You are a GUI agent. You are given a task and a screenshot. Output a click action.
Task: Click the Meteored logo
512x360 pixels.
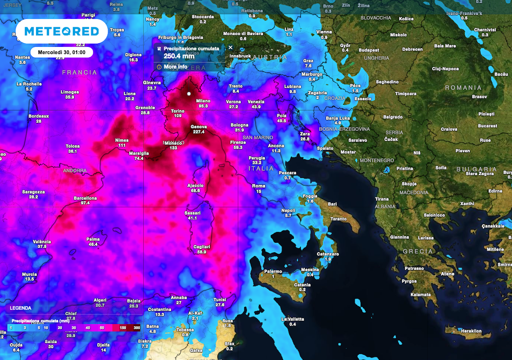62,31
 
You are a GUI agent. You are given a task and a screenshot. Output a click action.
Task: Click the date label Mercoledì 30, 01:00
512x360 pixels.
62,52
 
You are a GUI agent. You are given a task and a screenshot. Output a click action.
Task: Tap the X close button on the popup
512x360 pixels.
230,47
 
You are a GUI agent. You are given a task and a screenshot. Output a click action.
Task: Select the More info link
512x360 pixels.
175,67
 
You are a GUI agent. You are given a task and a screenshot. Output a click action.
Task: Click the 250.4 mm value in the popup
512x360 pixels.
179,56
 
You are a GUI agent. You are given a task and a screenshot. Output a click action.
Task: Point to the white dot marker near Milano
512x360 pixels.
189,94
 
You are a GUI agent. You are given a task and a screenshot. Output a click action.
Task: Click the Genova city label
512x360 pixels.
199,127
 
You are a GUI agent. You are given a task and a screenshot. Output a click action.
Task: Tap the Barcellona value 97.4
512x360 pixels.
85,203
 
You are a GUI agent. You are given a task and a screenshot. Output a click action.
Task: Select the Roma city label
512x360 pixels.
259,186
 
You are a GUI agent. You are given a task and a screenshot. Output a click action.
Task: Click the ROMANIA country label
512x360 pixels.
464,88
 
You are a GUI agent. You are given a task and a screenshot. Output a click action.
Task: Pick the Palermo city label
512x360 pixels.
273,272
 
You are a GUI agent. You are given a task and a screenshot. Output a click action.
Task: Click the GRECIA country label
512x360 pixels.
418,252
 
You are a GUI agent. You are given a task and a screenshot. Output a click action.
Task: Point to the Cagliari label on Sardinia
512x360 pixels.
202,247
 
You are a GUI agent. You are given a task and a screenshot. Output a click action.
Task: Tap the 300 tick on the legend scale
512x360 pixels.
137,328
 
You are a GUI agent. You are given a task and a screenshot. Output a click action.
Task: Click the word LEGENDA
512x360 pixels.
21,308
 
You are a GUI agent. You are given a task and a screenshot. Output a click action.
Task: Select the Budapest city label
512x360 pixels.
369,50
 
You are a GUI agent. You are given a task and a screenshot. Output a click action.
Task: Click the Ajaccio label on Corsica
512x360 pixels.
196,186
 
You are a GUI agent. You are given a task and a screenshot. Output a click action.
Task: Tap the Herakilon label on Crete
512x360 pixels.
471,331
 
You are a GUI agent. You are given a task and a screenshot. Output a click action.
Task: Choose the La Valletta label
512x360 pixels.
292,319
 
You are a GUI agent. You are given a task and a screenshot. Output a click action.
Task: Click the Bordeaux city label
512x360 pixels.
38,116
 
